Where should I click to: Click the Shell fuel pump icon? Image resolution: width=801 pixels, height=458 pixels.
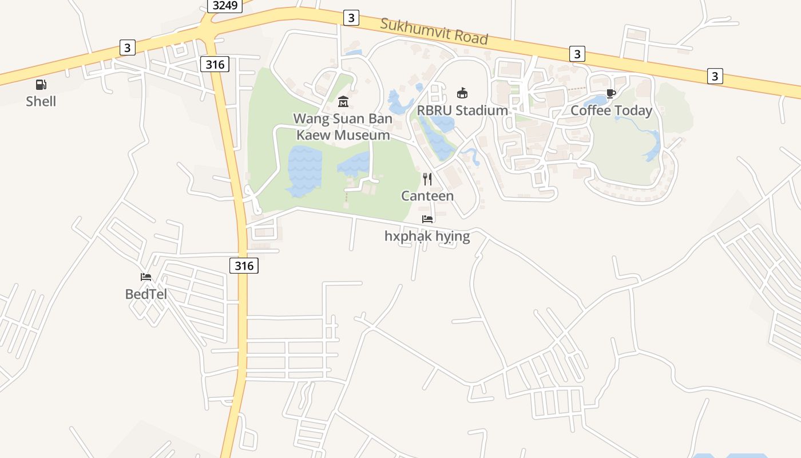coord(41,85)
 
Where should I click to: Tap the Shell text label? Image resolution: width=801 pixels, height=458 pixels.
coord(41,101)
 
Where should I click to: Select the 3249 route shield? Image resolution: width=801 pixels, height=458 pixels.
coord(224,5)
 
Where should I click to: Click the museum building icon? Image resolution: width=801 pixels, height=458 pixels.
coord(343,102)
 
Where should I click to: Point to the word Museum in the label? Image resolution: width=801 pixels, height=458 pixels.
coord(362,135)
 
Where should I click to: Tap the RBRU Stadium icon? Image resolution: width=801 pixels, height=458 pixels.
coord(462,93)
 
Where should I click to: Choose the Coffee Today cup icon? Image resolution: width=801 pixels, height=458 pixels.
coord(611,93)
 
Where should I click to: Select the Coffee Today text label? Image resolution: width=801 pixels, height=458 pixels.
coord(611,110)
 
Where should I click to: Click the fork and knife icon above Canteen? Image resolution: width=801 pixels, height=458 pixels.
coord(427,179)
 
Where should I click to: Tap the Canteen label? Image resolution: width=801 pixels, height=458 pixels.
coord(427,196)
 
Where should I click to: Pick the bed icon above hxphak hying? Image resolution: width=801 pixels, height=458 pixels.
coord(427,219)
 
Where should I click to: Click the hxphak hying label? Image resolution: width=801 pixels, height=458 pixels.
coord(427,236)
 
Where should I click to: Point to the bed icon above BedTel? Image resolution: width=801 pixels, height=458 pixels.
coord(146,277)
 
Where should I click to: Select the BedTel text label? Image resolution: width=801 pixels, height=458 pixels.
coord(146,294)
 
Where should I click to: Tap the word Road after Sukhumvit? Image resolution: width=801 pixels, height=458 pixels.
coord(469,37)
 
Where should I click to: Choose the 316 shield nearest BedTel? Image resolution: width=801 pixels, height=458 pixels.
coord(244,266)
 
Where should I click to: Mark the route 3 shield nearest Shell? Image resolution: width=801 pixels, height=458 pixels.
coord(128,48)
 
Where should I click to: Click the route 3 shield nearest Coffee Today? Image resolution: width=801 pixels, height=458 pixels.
coord(577,54)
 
